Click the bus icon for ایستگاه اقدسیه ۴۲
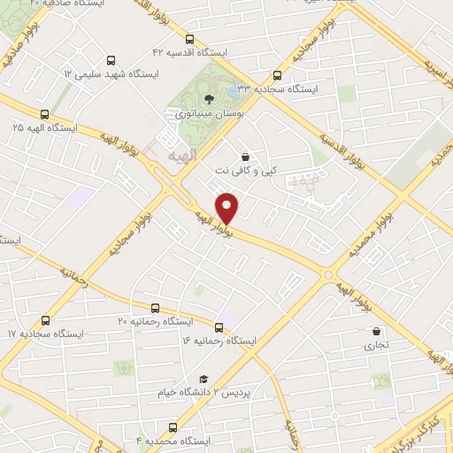point(190,39)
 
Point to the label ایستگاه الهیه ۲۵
point(44,128)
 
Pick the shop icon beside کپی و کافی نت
point(245,157)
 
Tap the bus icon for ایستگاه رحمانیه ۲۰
point(156,308)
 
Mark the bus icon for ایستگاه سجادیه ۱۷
point(46,320)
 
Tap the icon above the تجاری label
point(376,334)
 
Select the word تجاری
point(376,348)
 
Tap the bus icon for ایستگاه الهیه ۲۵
point(44,113)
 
